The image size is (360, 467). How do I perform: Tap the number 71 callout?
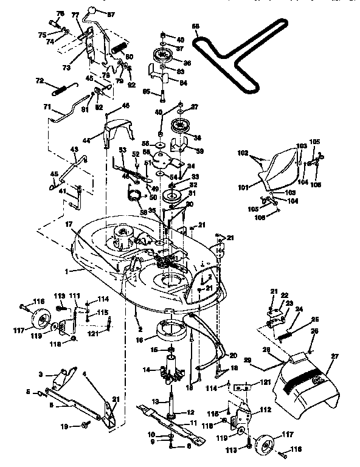click(x=46, y=108)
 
